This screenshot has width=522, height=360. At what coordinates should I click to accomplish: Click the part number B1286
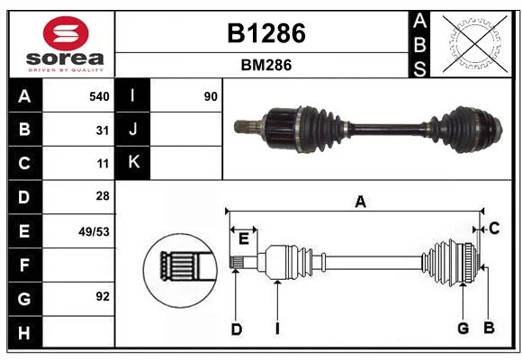pos(266,33)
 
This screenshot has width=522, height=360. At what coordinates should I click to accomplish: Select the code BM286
pos(266,65)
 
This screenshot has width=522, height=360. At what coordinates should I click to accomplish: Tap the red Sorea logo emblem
pos(66,33)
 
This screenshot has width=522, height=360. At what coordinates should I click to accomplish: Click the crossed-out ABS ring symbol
pos(475,44)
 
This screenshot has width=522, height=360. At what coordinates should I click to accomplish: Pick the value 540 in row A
pos(99,96)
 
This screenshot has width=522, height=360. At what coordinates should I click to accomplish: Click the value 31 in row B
pos(103,130)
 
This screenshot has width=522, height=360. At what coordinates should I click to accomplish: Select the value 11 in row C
pos(103,164)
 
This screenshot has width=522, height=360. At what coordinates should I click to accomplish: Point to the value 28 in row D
pos(103,196)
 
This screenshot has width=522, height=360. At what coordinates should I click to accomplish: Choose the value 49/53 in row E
pos(94,231)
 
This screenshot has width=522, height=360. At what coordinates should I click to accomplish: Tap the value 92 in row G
pos(103,296)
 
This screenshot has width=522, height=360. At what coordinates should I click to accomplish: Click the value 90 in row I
pos(211,96)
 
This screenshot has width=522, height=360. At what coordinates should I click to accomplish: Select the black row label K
pos(132,163)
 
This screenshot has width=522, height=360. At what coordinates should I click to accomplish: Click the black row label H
pos(25,332)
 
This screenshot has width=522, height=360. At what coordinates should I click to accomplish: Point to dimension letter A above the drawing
pos(361,202)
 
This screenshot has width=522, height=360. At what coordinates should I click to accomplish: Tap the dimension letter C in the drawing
pos(494,229)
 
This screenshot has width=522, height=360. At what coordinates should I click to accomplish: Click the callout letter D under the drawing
pos(237,329)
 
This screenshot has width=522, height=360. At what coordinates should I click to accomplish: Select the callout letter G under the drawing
pos(463,328)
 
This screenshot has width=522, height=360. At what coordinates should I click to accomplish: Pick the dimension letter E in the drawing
pos(244,238)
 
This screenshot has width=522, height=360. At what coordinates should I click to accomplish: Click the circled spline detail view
pos(180,270)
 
